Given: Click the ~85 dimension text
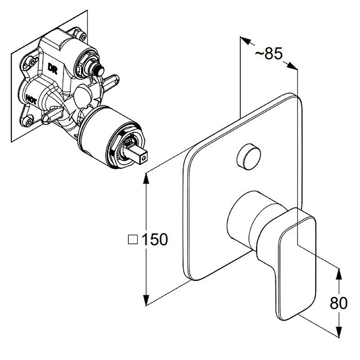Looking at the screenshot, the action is pos(269,54).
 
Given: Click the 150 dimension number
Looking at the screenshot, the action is pos(155,239).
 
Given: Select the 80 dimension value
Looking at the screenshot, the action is pos(339,303).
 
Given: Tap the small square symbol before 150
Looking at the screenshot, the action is pos(133,239).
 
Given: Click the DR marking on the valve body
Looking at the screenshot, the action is pos(52,68).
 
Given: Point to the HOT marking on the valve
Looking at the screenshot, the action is pos(31,99).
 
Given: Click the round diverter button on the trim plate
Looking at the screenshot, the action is pos(249,157).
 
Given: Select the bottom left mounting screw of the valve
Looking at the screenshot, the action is pos(29,121).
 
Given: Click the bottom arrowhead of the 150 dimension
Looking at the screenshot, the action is pos(145,300).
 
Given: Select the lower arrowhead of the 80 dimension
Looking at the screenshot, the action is pos(339,332).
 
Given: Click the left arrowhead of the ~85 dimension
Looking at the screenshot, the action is pos(245,40).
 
